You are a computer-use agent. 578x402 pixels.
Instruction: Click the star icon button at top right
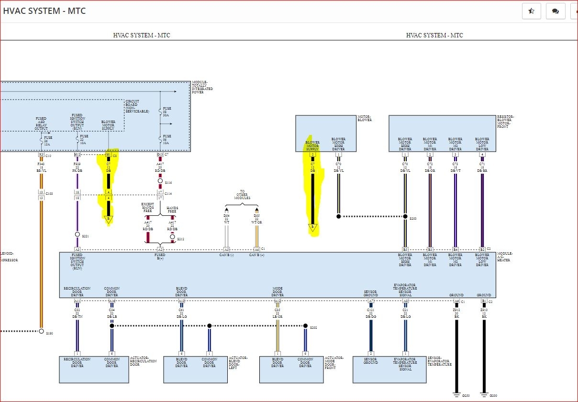(531, 11)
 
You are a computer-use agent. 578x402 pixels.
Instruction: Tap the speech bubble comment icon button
(556, 11)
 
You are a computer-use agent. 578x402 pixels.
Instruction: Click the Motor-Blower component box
(325, 133)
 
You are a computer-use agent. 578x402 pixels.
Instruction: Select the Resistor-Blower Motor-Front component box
(442, 133)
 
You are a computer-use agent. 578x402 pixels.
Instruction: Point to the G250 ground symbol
(456, 394)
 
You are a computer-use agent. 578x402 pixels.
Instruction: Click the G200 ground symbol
(484, 394)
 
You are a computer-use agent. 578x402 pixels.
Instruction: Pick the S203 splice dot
(405, 216)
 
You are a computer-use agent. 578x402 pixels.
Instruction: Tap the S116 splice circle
(160, 181)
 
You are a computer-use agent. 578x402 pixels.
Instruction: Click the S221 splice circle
(77, 234)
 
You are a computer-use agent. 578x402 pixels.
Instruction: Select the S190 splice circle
(41, 331)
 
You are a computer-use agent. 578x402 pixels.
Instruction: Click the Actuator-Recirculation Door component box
(94, 369)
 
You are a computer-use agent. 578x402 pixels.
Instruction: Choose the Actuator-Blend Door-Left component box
(196, 369)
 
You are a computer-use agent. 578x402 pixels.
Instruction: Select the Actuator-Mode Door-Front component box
(290, 369)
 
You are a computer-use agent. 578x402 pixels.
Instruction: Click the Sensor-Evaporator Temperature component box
(389, 369)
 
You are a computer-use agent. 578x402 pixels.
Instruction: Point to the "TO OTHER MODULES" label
(242, 194)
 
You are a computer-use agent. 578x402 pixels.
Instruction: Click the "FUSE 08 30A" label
(167, 112)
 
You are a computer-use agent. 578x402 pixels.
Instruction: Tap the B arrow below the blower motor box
(312, 227)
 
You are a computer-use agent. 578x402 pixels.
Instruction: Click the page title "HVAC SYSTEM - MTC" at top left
(44, 11)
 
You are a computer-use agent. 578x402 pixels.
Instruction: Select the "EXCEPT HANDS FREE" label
(148, 207)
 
